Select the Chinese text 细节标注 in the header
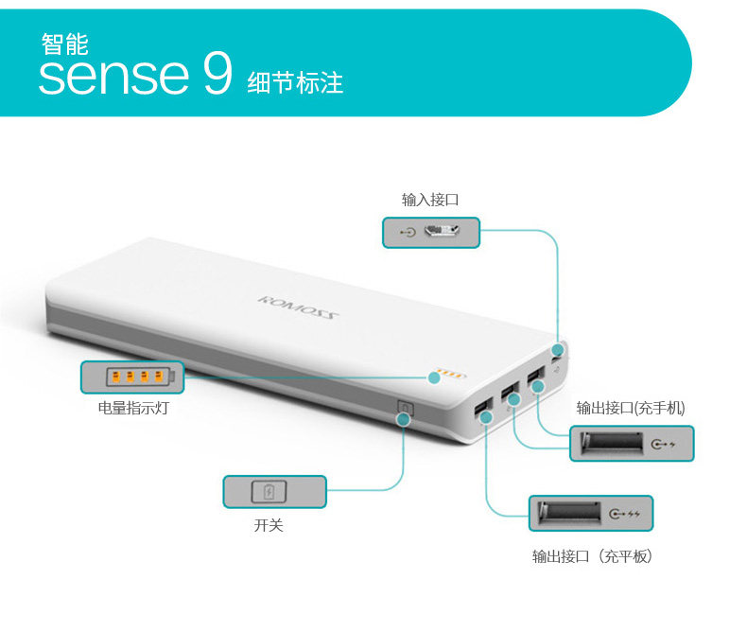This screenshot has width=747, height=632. tap(295, 82)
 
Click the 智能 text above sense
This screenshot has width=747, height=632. tap(64, 43)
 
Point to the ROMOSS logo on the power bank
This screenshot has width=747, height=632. tap(297, 310)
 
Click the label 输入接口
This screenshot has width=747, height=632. tap(430, 200)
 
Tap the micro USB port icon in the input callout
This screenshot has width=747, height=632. tap(441, 232)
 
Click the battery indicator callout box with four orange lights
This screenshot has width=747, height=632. tap(131, 377)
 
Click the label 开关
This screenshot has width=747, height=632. tap(269, 525)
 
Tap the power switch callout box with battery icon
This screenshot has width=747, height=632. tap(274, 492)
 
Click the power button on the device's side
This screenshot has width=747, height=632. tap(406, 410)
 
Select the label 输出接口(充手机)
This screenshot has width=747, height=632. tap(631, 408)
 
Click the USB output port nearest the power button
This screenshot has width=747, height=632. tap(482, 411)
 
